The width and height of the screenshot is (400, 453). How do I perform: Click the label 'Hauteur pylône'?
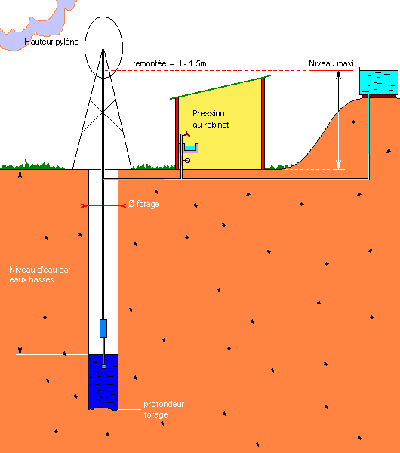click(51, 42)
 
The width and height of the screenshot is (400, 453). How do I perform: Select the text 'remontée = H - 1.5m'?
click(170, 63)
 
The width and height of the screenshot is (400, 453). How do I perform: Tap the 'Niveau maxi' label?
click(331, 63)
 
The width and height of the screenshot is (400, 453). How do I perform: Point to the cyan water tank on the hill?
click(379, 81)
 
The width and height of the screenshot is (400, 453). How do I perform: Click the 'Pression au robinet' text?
click(211, 119)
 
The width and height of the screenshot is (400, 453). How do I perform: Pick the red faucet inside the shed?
click(187, 133)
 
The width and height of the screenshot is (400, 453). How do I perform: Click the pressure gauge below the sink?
click(187, 160)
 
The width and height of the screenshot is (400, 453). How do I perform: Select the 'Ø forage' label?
click(144, 204)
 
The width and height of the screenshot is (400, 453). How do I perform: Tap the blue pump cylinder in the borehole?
click(103, 328)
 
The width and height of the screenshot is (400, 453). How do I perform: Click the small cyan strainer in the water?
click(103, 367)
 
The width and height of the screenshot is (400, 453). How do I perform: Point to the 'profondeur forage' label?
click(164, 409)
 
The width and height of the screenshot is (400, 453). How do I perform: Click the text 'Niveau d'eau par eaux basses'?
click(40, 275)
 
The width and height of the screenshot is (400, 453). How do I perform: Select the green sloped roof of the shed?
click(220, 88)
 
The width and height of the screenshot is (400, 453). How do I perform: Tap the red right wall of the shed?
click(263, 124)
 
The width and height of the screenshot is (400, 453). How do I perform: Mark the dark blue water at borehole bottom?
click(103, 382)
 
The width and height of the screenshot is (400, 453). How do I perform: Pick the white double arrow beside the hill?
click(338, 120)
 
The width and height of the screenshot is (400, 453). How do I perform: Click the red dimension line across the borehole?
click(103, 205)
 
